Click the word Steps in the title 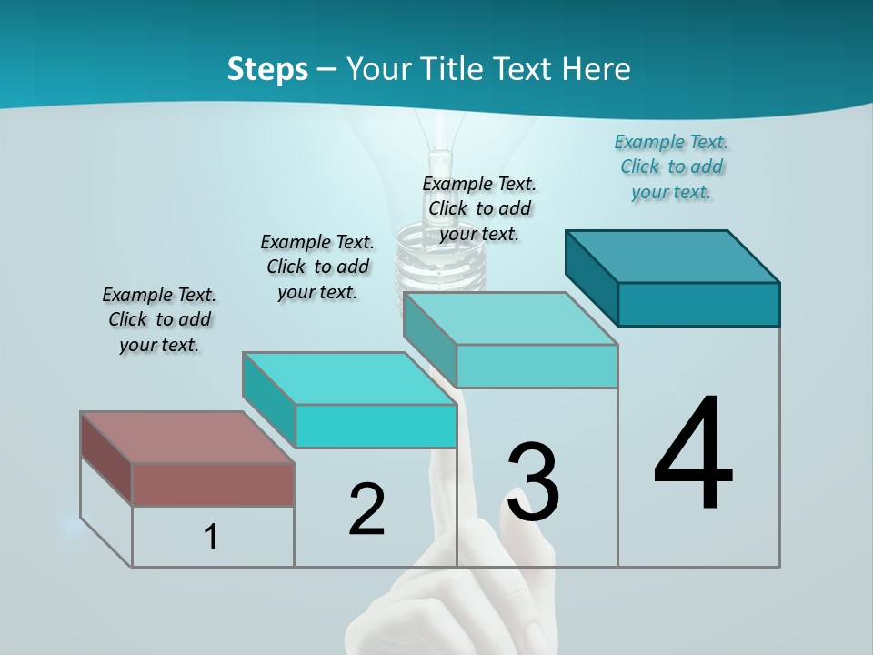point(267,69)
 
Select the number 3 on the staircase point(533,482)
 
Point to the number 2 point(366,509)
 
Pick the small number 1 point(211,538)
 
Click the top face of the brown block point(187,438)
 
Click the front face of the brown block point(213,484)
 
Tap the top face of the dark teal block point(672,256)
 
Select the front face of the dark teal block point(698,304)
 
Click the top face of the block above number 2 point(349,378)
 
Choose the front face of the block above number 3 point(537,366)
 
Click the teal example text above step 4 point(672,167)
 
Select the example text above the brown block point(159,320)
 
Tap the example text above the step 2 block point(317,267)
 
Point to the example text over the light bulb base point(479,208)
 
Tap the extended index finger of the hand point(446,491)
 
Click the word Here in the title point(597,69)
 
